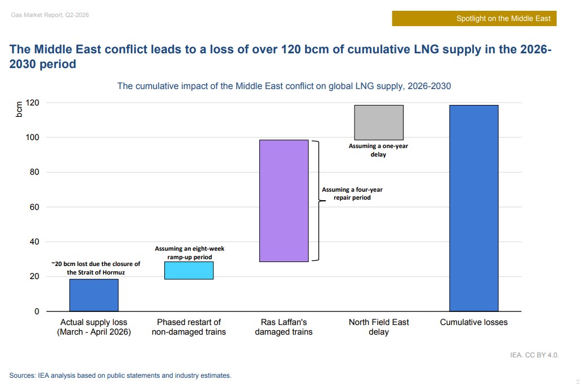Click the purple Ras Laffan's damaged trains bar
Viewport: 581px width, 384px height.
pyautogui.click(x=284, y=201)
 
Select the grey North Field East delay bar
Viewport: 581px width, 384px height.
pyautogui.click(x=379, y=123)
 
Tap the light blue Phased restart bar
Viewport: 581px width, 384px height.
pyautogui.click(x=189, y=271)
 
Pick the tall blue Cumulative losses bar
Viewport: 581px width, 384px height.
pyautogui.click(x=474, y=208)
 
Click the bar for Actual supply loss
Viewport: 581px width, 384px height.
pyautogui.click(x=94, y=295)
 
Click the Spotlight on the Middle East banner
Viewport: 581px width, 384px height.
pyautogui.click(x=475, y=18)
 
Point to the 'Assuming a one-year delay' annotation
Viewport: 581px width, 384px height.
pyautogui.click(x=378, y=150)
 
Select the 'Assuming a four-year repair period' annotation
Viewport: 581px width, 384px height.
pyautogui.click(x=352, y=194)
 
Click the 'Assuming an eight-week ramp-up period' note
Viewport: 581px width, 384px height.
pyautogui.click(x=190, y=253)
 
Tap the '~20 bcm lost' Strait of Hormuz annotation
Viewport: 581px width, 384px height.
pyautogui.click(x=95, y=268)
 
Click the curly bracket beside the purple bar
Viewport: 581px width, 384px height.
pyautogui.click(x=315, y=201)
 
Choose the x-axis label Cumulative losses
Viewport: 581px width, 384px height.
pyautogui.click(x=474, y=322)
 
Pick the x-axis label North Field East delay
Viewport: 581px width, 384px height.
pyautogui.click(x=379, y=327)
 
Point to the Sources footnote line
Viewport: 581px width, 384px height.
pyautogui.click(x=120, y=375)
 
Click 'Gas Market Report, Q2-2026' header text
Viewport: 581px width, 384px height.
pyautogui.click(x=50, y=15)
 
